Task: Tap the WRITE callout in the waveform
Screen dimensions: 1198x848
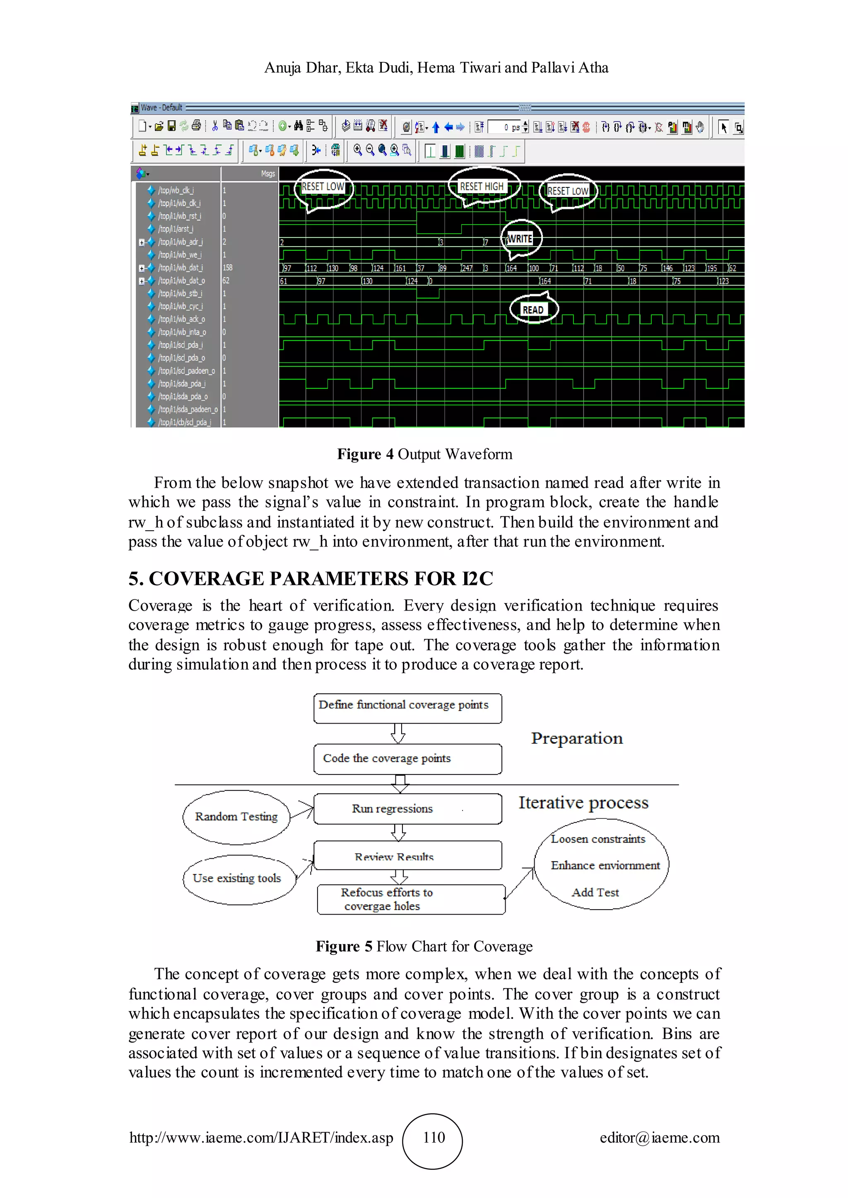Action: [520, 239]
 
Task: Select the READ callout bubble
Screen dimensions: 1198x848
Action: [533, 310]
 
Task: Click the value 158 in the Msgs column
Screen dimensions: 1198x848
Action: [228, 268]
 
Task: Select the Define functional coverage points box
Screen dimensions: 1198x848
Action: [407, 707]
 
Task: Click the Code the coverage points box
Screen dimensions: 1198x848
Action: [407, 759]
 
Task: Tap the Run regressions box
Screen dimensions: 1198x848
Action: [407, 809]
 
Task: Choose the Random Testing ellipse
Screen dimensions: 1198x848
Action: [236, 817]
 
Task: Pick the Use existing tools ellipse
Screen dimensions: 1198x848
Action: [237, 879]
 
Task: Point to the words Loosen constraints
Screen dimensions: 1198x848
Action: [598, 839]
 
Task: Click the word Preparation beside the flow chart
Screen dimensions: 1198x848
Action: [577, 738]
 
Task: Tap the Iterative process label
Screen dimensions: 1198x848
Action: [583, 803]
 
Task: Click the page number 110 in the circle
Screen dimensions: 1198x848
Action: [434, 1138]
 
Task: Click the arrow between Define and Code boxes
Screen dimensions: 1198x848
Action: [398, 733]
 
